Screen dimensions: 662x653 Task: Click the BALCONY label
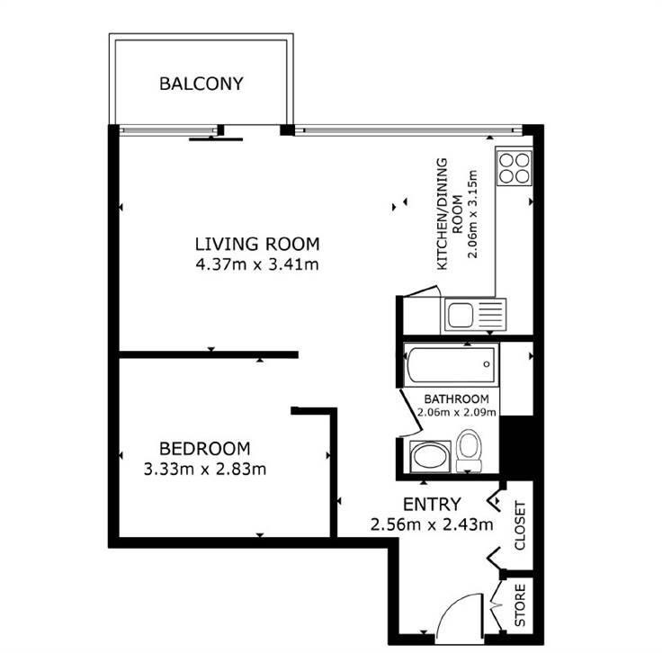[x=201, y=84]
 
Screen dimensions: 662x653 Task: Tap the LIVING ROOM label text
[x=257, y=245]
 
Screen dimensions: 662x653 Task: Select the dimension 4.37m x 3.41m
[x=257, y=264]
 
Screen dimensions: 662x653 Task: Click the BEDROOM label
[x=205, y=448]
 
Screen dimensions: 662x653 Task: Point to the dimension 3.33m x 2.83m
[x=205, y=469]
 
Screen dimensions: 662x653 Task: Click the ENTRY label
[x=432, y=505]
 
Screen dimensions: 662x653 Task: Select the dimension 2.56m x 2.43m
[x=432, y=524]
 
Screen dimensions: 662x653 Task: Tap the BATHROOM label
[x=456, y=398]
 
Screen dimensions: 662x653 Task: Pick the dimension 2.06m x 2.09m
[x=456, y=412]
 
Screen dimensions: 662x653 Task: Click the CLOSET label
[x=520, y=525]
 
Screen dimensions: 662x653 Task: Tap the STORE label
[x=520, y=605]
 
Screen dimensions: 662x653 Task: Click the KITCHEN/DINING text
[x=442, y=214]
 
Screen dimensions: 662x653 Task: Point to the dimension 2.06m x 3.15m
[x=472, y=214]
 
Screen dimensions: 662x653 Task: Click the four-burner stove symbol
[x=514, y=168]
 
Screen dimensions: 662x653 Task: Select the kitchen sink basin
[x=461, y=316]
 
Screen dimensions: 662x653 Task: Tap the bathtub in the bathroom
[x=452, y=364]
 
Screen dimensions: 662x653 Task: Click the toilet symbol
[x=469, y=450]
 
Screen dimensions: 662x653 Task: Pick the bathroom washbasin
[x=430, y=456]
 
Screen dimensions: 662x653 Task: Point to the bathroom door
[x=410, y=412]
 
